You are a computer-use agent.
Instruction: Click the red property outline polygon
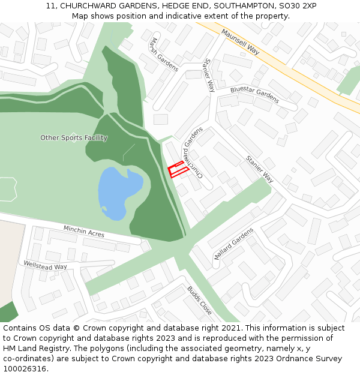click(178, 170)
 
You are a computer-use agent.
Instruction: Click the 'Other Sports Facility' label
click(74, 138)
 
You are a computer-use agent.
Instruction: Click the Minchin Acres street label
click(84, 231)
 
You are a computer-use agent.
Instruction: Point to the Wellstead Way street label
click(46, 265)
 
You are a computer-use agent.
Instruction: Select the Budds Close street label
click(199, 300)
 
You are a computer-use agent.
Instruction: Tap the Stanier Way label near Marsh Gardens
click(209, 75)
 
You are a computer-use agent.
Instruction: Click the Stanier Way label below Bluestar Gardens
click(259, 169)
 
